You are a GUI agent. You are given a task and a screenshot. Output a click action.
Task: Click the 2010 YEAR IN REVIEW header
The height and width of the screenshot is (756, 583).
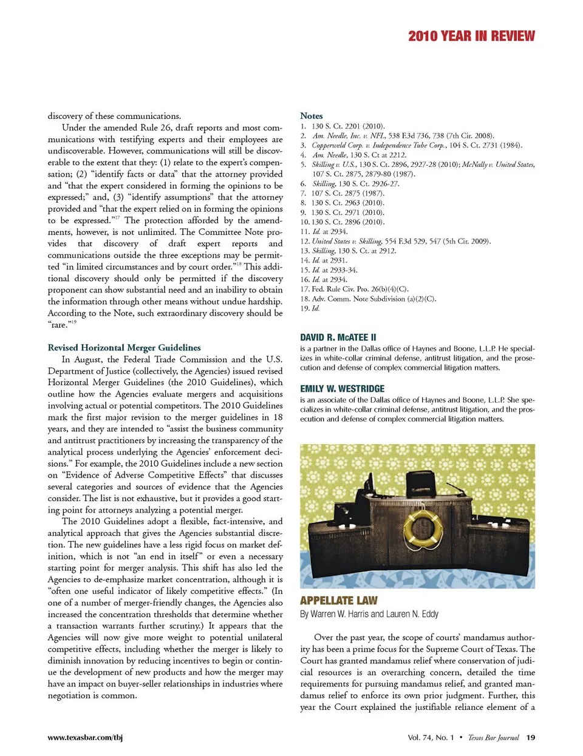[471, 36]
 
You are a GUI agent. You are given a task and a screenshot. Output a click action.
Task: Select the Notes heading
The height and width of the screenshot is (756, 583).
[312, 115]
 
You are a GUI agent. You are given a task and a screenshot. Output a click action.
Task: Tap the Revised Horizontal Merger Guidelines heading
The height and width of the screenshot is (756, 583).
[124, 348]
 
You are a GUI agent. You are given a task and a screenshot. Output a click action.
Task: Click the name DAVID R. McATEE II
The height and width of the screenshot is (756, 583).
[338, 337]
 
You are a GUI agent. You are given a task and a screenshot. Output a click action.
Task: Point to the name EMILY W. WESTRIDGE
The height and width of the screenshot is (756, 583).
[343, 389]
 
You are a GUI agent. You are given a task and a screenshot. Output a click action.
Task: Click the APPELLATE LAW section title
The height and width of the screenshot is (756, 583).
[339, 601]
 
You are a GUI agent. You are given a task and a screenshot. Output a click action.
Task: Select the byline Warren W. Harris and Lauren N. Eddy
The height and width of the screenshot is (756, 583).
[369, 614]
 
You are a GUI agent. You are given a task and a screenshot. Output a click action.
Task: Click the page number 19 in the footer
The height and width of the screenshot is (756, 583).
[531, 738]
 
